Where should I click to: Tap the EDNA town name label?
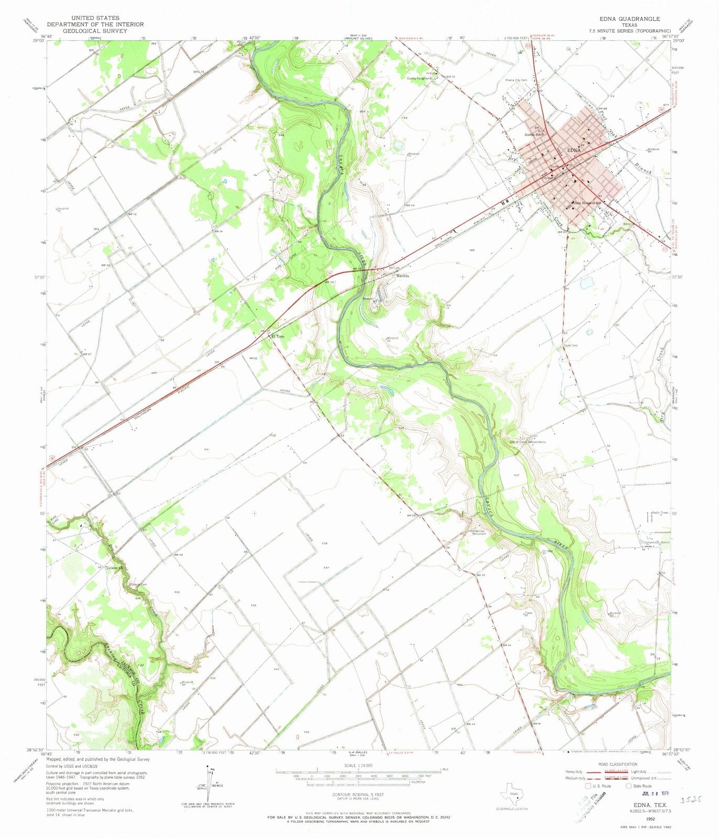click(x=574, y=150)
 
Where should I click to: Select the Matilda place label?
click(x=402, y=276)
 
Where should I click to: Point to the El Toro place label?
click(x=277, y=337)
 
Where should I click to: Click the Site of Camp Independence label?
click(x=528, y=442)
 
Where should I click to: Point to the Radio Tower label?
click(x=660, y=512)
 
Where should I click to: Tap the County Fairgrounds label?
click(x=420, y=79)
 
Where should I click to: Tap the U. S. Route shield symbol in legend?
click(x=581, y=786)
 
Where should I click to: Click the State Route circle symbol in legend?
click(x=629, y=786)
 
